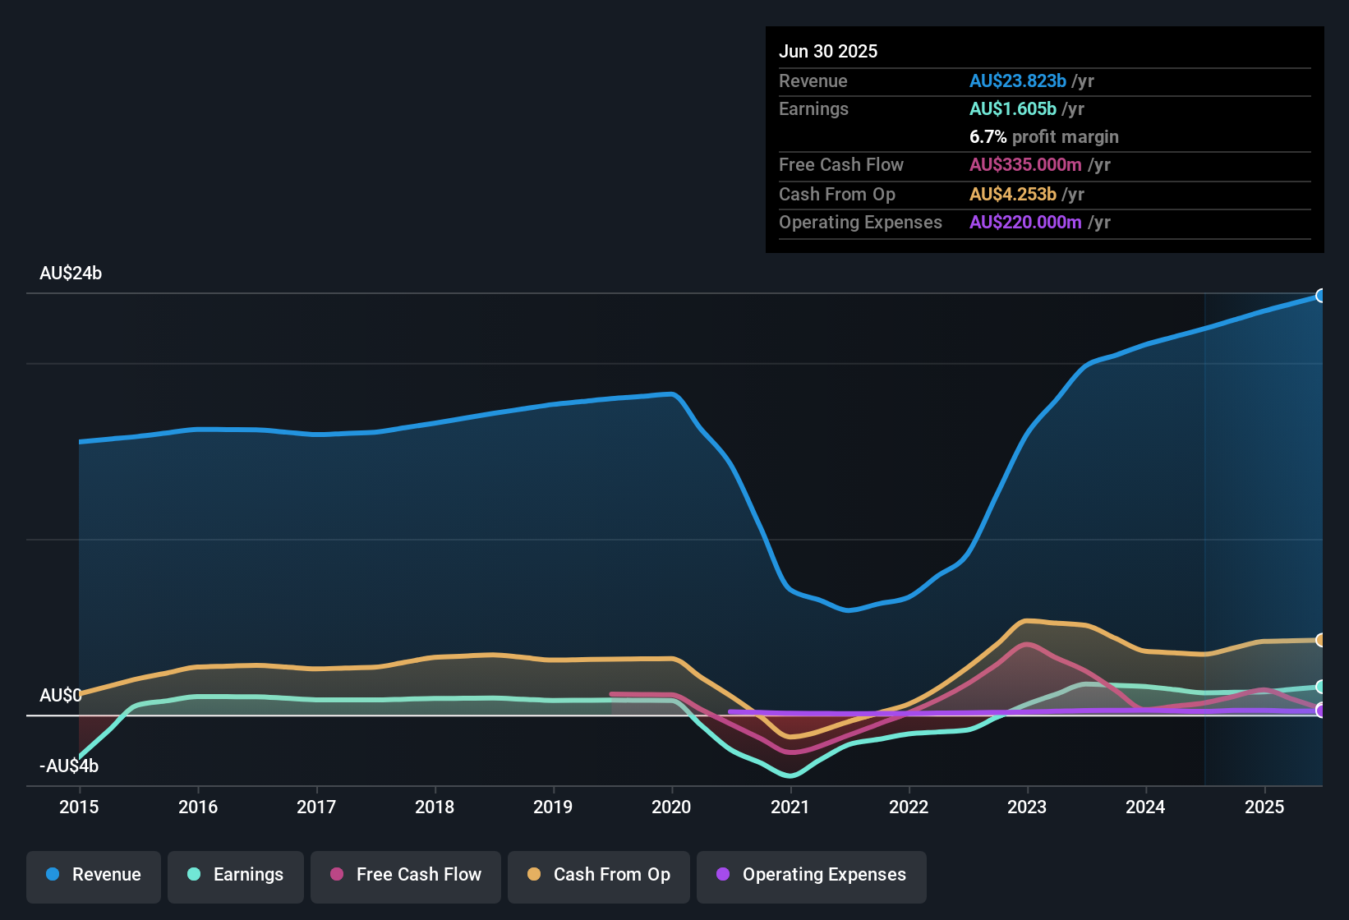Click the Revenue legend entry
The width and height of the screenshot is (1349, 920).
pos(94,875)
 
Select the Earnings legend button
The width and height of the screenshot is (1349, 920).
pos(236,875)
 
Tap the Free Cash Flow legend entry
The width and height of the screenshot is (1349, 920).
pos(406,875)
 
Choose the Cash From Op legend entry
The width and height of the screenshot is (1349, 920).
pos(599,875)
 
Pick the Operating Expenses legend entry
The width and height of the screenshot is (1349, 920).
pos(812,875)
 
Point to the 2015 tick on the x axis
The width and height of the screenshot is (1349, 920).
pos(79,807)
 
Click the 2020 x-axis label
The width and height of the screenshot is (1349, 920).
pos(671,807)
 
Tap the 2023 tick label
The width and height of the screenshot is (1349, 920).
pos(1027,807)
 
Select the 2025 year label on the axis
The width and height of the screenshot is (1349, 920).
pos(1264,807)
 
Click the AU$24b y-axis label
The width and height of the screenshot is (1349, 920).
pos(71,274)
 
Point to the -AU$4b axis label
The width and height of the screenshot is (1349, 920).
pos(69,766)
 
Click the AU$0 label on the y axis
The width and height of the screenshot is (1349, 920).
pos(60,696)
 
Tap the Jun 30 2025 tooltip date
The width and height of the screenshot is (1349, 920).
pos(828,52)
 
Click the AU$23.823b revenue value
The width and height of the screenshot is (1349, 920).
pos(1017,81)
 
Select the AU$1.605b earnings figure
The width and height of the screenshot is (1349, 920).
pos(1012,109)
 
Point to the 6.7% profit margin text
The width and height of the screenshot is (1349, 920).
pos(1043,137)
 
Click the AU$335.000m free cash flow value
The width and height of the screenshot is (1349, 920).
pos(1024,165)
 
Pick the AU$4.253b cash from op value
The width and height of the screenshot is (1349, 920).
pos(1012,195)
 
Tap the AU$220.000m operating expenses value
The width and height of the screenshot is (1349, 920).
pos(1024,223)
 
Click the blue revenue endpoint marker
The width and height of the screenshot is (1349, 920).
pos(1320,296)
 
